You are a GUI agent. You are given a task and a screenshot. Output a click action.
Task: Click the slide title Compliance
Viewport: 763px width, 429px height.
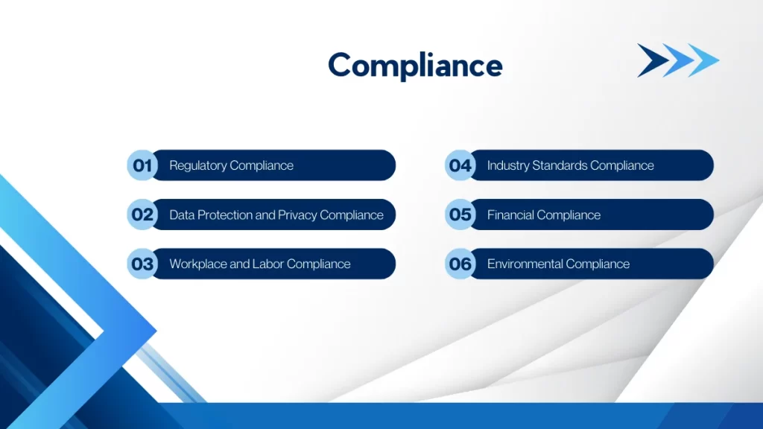tap(415, 66)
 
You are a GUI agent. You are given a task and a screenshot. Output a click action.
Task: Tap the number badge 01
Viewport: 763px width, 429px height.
tap(142, 165)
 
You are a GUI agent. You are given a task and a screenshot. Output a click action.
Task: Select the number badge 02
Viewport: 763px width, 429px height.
tap(142, 214)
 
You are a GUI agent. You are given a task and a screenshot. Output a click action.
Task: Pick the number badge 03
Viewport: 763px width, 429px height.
tap(142, 264)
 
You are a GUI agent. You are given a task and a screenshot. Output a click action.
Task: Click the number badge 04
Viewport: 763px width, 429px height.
tap(460, 165)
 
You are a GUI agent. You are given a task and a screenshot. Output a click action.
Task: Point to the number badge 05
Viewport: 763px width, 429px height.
tap(460, 214)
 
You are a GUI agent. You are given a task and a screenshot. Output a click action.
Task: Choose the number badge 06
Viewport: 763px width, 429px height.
tap(460, 264)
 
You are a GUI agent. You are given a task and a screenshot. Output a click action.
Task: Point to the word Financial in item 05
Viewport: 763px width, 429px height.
tap(511, 215)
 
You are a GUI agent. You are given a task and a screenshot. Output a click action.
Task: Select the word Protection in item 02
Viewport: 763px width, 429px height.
tap(224, 215)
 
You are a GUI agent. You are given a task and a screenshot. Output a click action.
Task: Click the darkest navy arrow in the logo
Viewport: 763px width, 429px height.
tap(650, 60)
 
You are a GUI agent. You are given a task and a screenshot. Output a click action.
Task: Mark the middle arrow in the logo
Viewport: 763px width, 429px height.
tap(677, 60)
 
